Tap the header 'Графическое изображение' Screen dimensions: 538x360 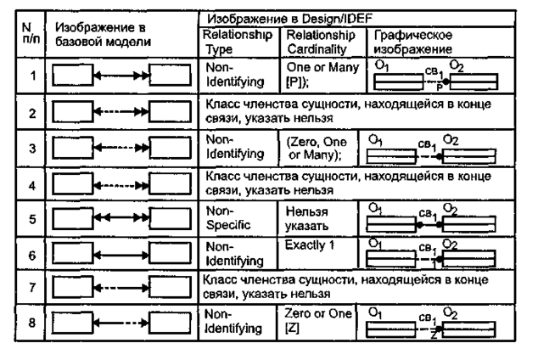[402, 42]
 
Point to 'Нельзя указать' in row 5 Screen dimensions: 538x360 [309, 223]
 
